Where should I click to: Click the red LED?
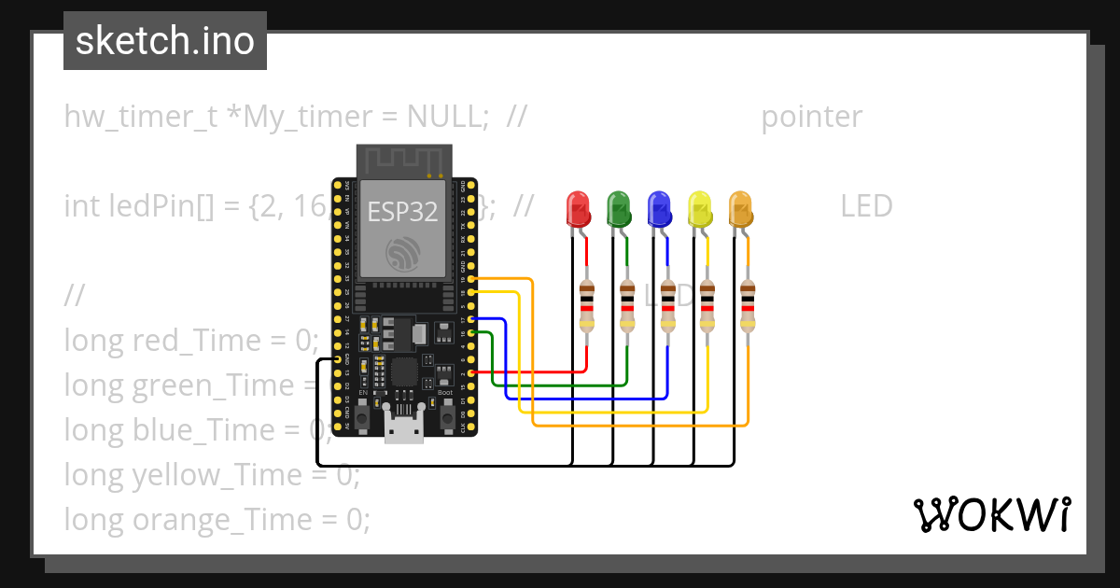point(579,208)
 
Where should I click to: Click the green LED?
point(618,208)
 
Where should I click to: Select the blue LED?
point(659,208)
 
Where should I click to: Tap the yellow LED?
point(699,208)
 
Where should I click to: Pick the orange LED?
point(739,208)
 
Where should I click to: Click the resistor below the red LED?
point(586,306)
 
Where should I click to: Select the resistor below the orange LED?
point(747,306)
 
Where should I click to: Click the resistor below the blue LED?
point(667,306)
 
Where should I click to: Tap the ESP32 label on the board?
point(402,212)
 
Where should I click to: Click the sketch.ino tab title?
point(165,41)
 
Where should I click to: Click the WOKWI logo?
point(991,514)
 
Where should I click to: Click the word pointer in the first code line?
point(811,117)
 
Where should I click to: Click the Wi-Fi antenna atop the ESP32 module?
point(404,161)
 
